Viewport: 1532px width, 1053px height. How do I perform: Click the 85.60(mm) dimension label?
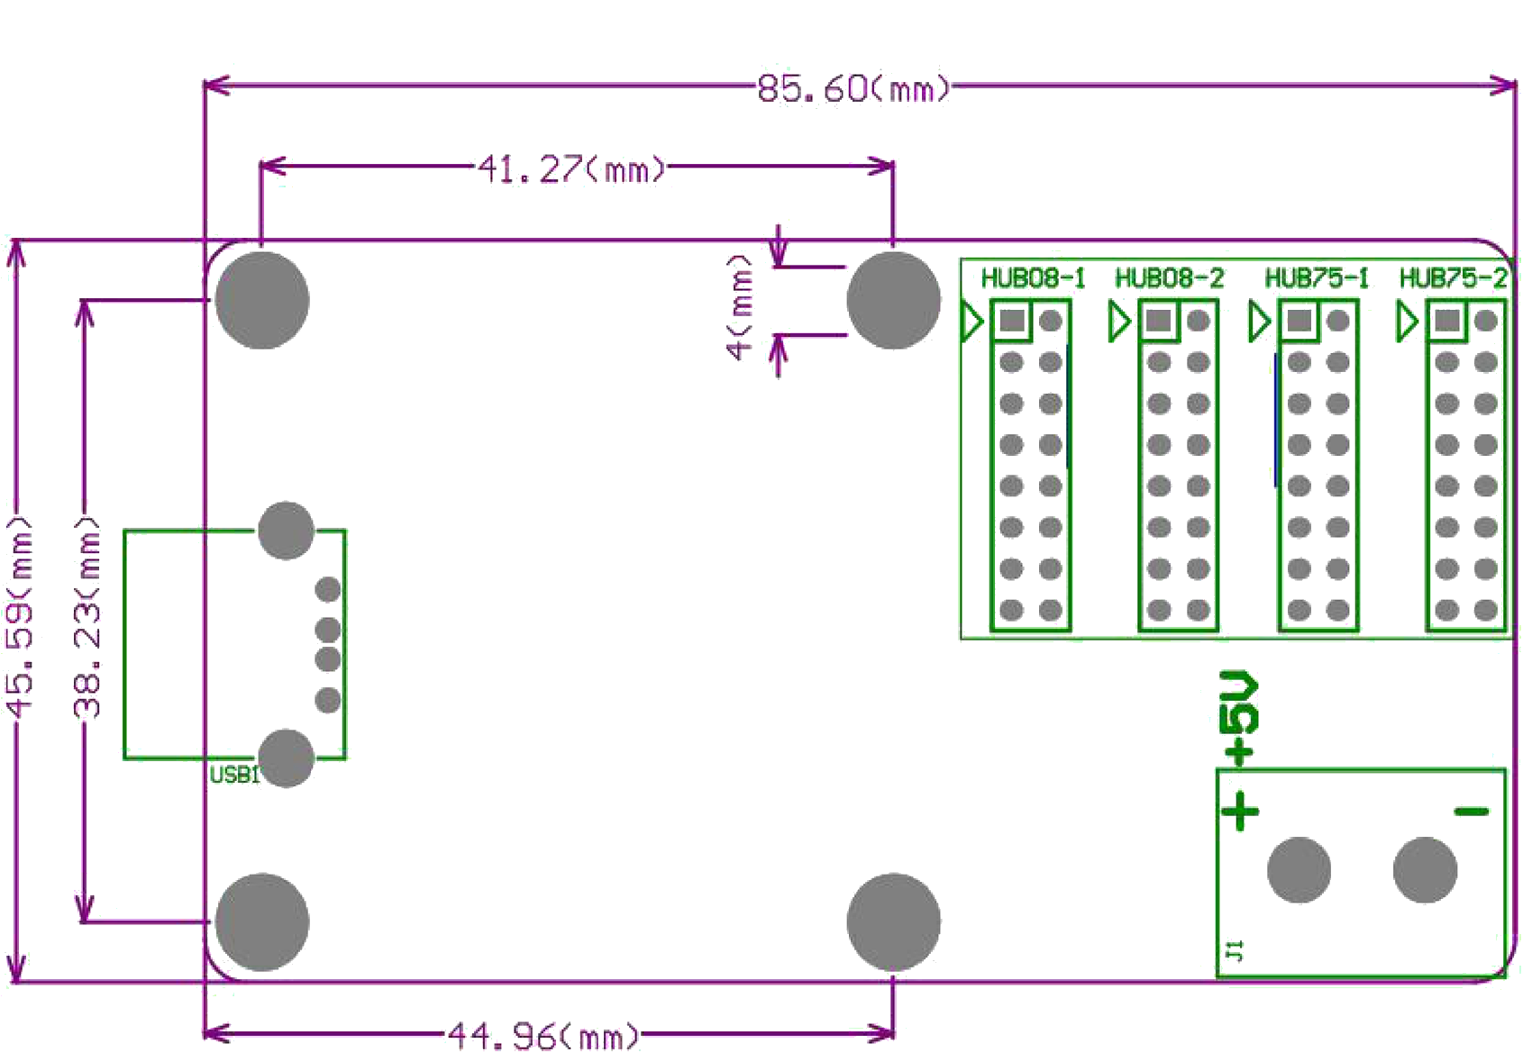click(x=853, y=88)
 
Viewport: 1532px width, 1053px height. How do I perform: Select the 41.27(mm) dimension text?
click(x=571, y=168)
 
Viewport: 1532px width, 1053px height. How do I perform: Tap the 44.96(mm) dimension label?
click(x=543, y=1035)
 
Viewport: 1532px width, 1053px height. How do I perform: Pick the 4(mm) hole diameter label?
click(x=739, y=307)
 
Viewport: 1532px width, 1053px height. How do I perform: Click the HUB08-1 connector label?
click(x=1033, y=278)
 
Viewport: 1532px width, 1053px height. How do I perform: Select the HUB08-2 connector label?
click(x=1169, y=278)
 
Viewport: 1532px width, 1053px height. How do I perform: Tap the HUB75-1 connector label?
click(x=1317, y=278)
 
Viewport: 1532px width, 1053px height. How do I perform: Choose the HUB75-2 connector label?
click(x=1452, y=278)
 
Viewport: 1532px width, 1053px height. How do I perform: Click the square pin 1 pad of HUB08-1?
click(x=1012, y=321)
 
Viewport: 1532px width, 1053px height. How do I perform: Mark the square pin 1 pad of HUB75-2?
click(x=1447, y=321)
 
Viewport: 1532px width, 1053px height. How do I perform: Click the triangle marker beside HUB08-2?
click(x=1118, y=322)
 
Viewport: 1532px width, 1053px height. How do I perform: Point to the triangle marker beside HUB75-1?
click(x=1258, y=322)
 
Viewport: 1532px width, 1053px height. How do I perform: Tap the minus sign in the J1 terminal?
click(x=1472, y=812)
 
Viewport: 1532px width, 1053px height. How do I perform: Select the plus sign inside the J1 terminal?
click(x=1241, y=811)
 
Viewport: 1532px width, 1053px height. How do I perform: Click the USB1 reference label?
click(x=233, y=775)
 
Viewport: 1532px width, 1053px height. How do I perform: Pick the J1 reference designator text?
click(x=1235, y=949)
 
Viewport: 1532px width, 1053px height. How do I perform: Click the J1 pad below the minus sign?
click(x=1425, y=870)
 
